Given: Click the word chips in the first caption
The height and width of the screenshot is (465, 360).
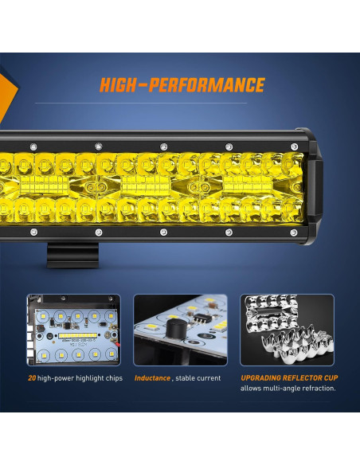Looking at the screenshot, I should click(x=112, y=378).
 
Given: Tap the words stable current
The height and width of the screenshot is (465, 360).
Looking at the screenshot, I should click(x=200, y=378).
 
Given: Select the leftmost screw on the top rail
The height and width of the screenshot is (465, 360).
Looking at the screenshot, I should click(x=33, y=146).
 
